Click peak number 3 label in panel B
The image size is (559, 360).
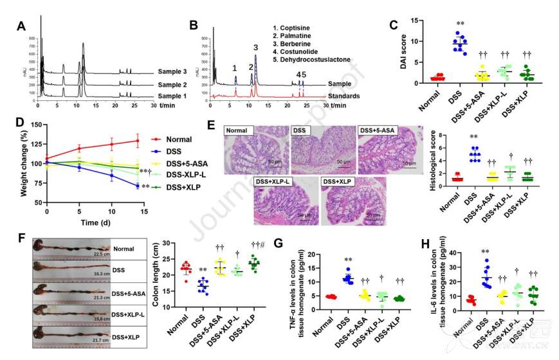[255, 47]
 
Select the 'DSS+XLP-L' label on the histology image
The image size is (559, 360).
[273, 183]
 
